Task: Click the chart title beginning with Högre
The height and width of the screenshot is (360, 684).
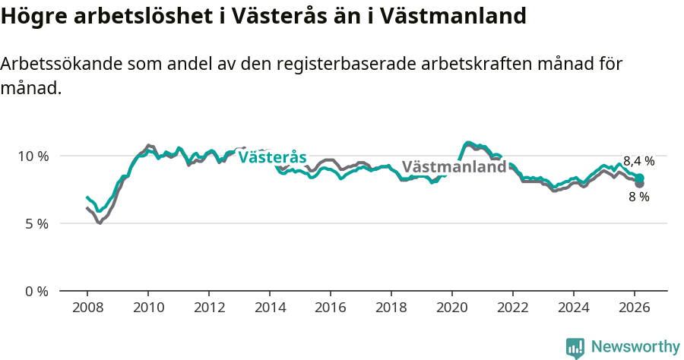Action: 263,15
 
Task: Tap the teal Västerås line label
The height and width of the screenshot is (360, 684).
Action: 272,157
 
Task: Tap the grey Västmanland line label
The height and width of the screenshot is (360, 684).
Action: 454,167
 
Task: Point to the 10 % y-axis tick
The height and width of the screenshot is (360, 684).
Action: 33,156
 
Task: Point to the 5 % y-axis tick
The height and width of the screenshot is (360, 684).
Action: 36,223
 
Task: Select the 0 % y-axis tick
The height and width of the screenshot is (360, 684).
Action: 36,291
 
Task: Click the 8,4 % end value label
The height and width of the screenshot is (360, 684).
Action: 638,161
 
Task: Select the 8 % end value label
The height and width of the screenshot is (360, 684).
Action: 638,197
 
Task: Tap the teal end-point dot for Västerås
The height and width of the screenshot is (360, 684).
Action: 639,178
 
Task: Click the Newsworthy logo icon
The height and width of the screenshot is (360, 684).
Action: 575,347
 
